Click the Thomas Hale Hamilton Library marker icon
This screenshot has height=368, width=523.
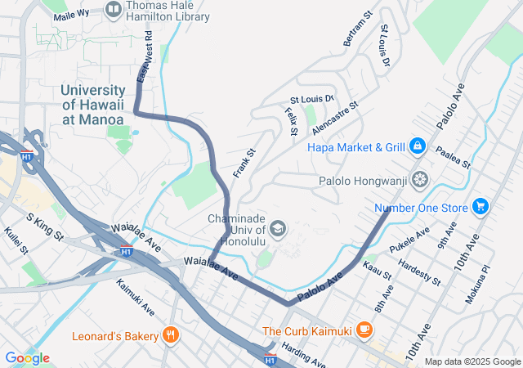[114, 10]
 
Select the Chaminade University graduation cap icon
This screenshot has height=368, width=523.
[278, 228]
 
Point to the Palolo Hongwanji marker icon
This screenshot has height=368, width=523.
[419, 178]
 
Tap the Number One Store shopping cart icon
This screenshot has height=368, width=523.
[480, 207]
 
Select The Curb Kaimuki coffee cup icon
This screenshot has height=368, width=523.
[364, 330]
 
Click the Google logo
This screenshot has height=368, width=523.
[27, 358]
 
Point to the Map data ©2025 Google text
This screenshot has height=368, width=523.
[472, 361]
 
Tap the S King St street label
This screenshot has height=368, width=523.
[45, 227]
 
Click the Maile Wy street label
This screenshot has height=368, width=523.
[71, 15]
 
